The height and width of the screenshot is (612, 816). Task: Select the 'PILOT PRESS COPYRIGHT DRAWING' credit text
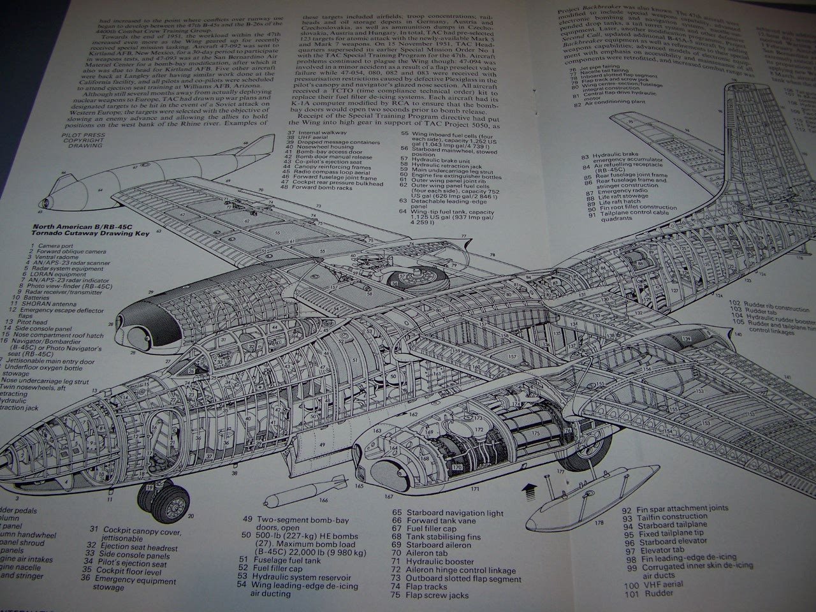(84, 140)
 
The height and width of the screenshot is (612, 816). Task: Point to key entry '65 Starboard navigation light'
(448, 513)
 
